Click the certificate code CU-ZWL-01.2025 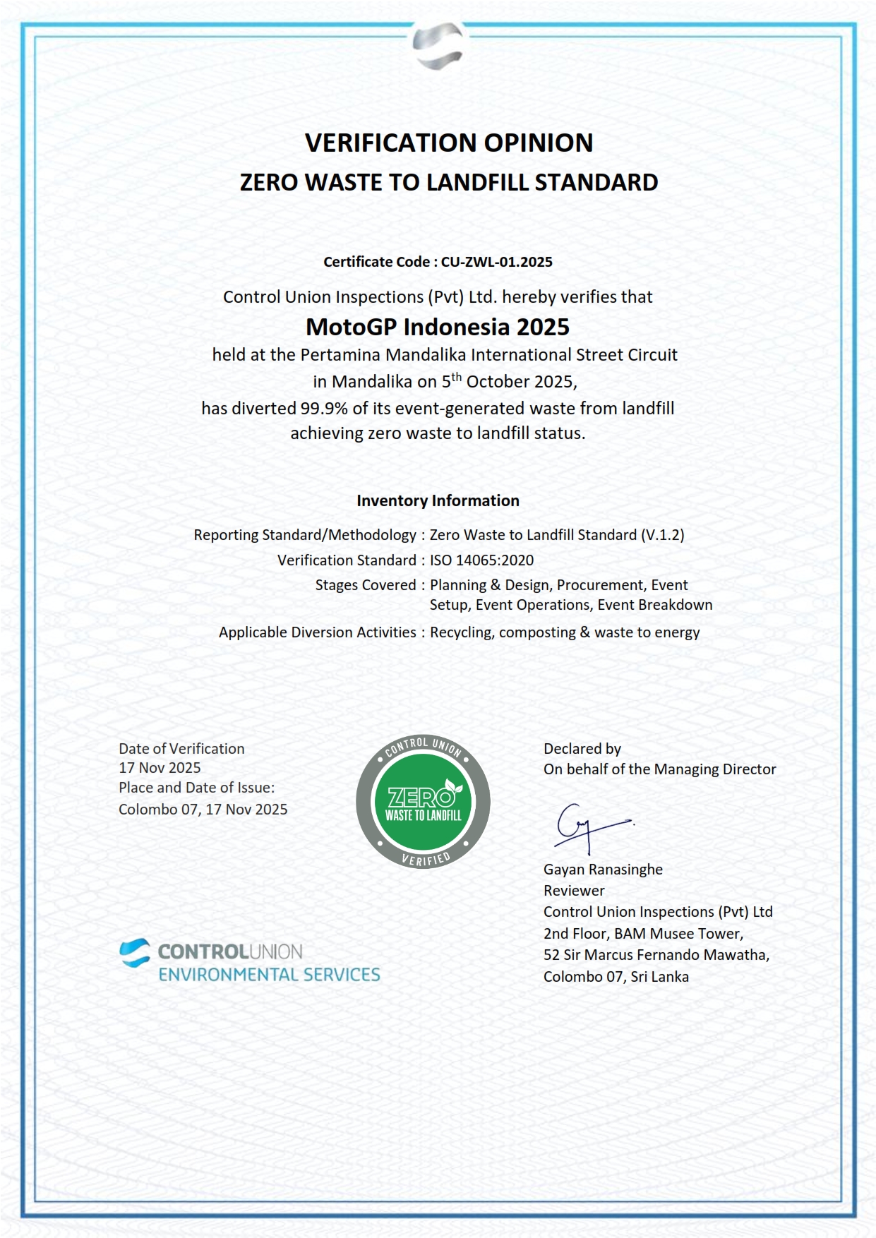pyautogui.click(x=496, y=262)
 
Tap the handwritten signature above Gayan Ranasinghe pyautogui.click(x=589, y=827)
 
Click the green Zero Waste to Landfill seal pyautogui.click(x=423, y=803)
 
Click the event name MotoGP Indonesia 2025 pyautogui.click(x=438, y=327)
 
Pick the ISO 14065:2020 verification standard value pyautogui.click(x=481, y=560)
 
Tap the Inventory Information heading pyautogui.click(x=438, y=500)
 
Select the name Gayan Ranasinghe pyautogui.click(x=603, y=870)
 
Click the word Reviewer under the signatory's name pyautogui.click(x=574, y=891)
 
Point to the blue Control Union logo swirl pyautogui.click(x=135, y=952)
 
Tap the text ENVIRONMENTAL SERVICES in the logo pyautogui.click(x=269, y=975)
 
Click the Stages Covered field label pyautogui.click(x=366, y=585)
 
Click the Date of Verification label pyautogui.click(x=181, y=749)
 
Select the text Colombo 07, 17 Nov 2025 pyautogui.click(x=203, y=810)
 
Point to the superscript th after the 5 pyautogui.click(x=457, y=377)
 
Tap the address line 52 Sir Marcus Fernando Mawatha pyautogui.click(x=656, y=955)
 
